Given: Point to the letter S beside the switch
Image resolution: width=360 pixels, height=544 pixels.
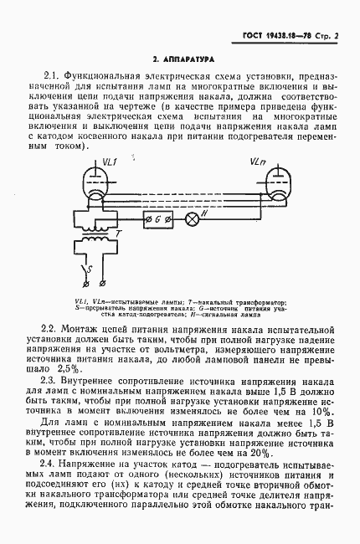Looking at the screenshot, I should (x=80, y=269).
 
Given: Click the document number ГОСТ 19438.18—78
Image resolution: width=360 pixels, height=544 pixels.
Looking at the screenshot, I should (x=266, y=38).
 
